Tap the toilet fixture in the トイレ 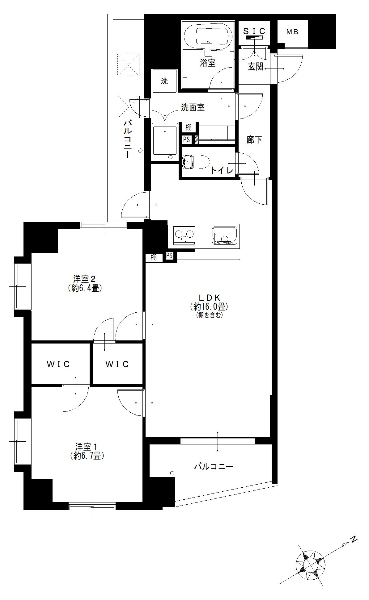[x=196, y=161]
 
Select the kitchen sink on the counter [x=225, y=235]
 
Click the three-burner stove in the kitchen [x=184, y=235]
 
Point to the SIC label [x=254, y=31]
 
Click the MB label [x=292, y=32]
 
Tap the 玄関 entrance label [x=256, y=66]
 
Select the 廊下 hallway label [x=254, y=140]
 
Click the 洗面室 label [x=193, y=107]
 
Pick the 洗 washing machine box [x=164, y=81]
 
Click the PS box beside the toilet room [x=186, y=140]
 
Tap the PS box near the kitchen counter [x=169, y=256]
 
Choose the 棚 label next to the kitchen [x=154, y=257]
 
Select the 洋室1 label [x=87, y=447]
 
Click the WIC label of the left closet [x=58, y=364]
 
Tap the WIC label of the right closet [x=117, y=364]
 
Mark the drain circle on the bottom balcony [x=172, y=473]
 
